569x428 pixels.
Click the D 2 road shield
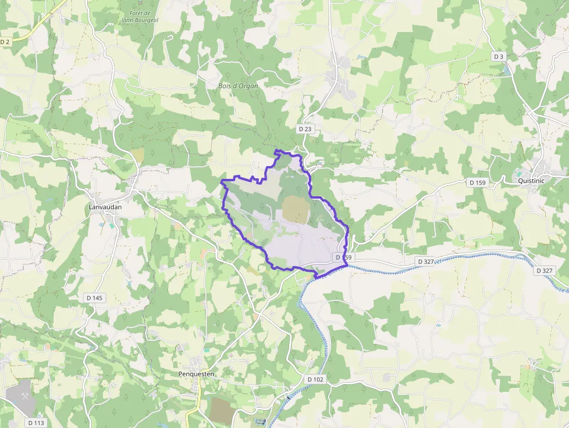coord(6,42)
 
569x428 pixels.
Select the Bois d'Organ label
coord(238,86)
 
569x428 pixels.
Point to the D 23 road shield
coord(305,128)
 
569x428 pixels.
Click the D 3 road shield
coord(499,56)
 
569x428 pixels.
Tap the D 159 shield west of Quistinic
coord(477,183)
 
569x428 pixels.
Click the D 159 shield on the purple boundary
coord(344,257)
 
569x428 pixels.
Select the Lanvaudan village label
coord(106,207)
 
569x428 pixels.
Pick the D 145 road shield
coord(94,298)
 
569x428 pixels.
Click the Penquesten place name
coord(196,374)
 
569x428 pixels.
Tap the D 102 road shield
coord(315,379)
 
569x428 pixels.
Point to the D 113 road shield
coord(36,423)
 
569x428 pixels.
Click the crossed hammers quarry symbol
coord(26,395)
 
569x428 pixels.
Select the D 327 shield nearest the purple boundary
coord(425,262)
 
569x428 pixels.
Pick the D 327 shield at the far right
coord(545,271)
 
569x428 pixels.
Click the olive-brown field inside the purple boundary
coord(295,210)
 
